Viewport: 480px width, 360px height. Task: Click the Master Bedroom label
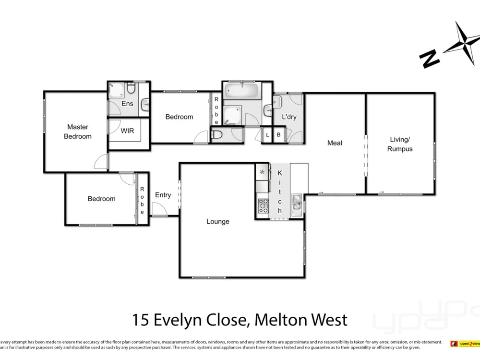click(77, 132)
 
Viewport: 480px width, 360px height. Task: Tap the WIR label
click(127, 131)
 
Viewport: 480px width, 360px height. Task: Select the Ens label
click(127, 104)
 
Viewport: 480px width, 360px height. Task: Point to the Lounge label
click(217, 221)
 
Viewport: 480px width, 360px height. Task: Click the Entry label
click(163, 195)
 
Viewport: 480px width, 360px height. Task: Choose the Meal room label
click(335, 143)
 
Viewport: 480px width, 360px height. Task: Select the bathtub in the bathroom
click(242, 90)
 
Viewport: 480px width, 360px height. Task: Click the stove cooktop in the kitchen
click(263, 206)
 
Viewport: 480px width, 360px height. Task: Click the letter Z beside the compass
click(429, 59)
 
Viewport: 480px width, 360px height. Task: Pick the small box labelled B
click(278, 135)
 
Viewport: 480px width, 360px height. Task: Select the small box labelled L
click(267, 135)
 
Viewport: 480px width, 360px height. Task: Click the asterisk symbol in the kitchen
click(262, 172)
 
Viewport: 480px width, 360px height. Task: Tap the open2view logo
click(463, 343)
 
